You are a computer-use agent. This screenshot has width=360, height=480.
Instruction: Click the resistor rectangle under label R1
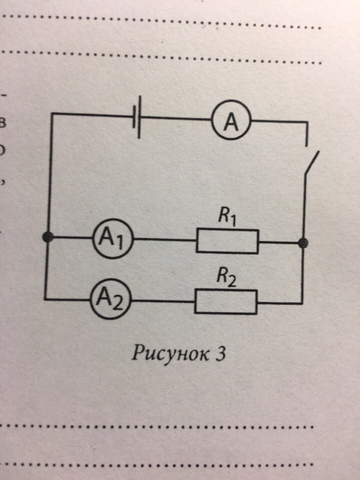227,241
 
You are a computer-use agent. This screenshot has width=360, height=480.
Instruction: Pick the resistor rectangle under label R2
226,302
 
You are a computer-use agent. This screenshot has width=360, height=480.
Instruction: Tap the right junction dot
302,243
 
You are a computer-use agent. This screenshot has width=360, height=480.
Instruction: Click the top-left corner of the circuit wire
52,115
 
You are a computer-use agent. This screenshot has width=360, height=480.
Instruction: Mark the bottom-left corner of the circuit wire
45,299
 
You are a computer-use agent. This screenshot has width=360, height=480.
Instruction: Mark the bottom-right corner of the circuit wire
301,303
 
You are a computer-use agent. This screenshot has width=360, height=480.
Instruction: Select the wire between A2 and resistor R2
162,301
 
